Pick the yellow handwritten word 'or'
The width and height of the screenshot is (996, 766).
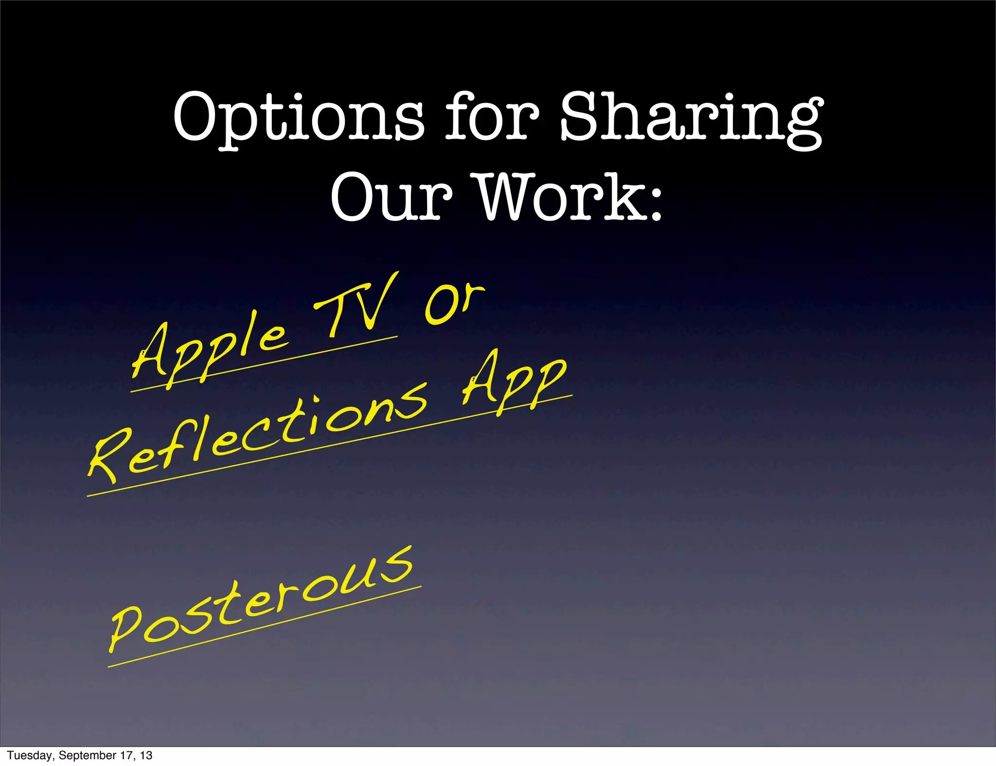coord(455,304)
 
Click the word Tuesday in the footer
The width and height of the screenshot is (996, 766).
coord(30,755)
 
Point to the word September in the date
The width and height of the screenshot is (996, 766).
coord(87,755)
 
